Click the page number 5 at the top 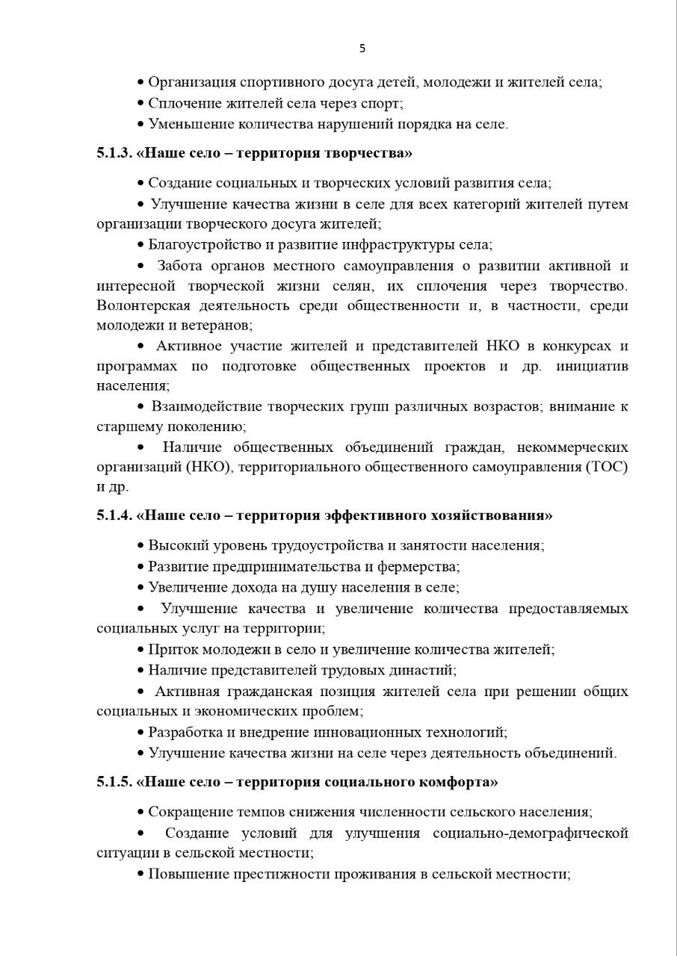[x=362, y=49]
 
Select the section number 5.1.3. [x=114, y=153]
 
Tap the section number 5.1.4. [x=114, y=515]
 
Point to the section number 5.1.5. [x=114, y=782]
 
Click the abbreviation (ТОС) [x=608, y=467]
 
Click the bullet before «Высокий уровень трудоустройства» [x=140, y=546]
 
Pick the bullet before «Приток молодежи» [x=140, y=650]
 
